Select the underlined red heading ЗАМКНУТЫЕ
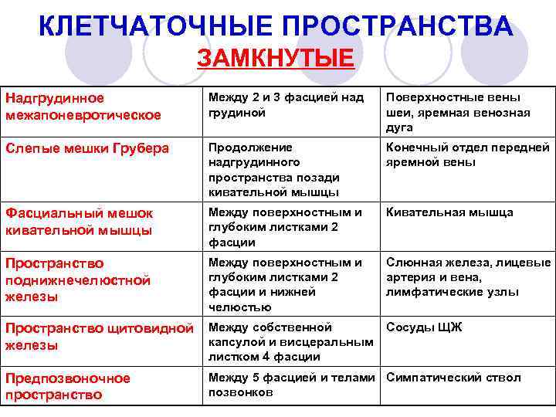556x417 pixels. pyautogui.click(x=276, y=59)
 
